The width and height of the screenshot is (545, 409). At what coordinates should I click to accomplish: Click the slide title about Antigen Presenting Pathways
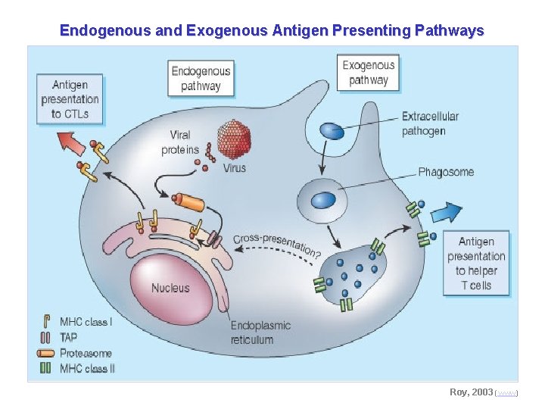pyautogui.click(x=272, y=31)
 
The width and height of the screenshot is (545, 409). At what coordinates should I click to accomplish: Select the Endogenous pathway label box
pyautogui.click(x=201, y=78)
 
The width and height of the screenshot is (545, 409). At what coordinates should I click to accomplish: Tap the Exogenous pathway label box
pyautogui.click(x=369, y=73)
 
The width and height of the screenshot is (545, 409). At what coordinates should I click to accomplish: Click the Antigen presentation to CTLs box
pyautogui.click(x=70, y=99)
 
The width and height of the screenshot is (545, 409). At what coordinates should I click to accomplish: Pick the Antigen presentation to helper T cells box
pyautogui.click(x=476, y=264)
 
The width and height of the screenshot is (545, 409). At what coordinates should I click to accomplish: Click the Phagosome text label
pyautogui.click(x=446, y=172)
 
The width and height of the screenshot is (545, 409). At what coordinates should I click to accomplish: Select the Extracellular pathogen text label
pyautogui.click(x=430, y=123)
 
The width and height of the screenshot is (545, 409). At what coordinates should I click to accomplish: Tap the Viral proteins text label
pyautogui.click(x=180, y=142)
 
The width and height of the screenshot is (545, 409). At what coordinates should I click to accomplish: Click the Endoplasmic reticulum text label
pyautogui.click(x=260, y=332)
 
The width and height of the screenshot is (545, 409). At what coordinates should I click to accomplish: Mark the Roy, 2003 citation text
pyautogui.click(x=470, y=392)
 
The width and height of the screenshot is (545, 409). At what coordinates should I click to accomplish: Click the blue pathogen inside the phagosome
pyautogui.click(x=324, y=200)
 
